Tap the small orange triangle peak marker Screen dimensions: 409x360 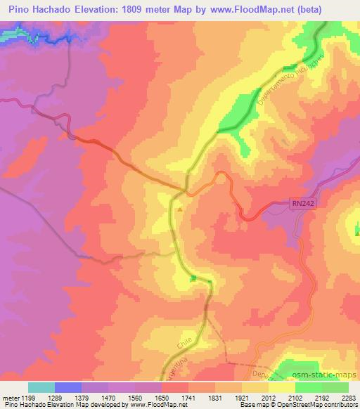pyautogui.click(x=181, y=209)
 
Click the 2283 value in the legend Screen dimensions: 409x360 pyautogui.click(x=347, y=397)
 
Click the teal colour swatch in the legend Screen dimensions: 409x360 pyautogui.click(x=41, y=387)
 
